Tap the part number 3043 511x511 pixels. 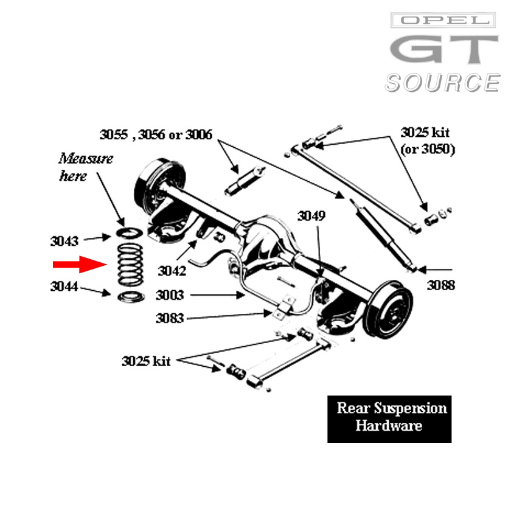[64, 241]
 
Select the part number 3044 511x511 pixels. [64, 288]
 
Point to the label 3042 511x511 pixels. [172, 270]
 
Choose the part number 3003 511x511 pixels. [170, 296]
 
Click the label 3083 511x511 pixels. [170, 318]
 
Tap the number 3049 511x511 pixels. [311, 216]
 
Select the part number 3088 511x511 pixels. [440, 285]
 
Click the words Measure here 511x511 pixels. [86, 167]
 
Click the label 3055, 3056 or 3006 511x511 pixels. [156, 134]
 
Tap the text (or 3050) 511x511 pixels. [428, 149]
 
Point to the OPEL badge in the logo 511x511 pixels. [443, 21]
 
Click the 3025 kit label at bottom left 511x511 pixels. [146, 361]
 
